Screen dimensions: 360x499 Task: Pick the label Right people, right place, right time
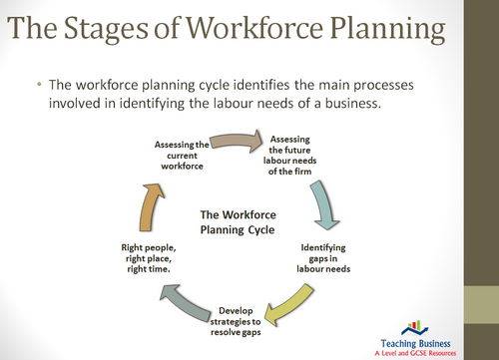tap(147, 255)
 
